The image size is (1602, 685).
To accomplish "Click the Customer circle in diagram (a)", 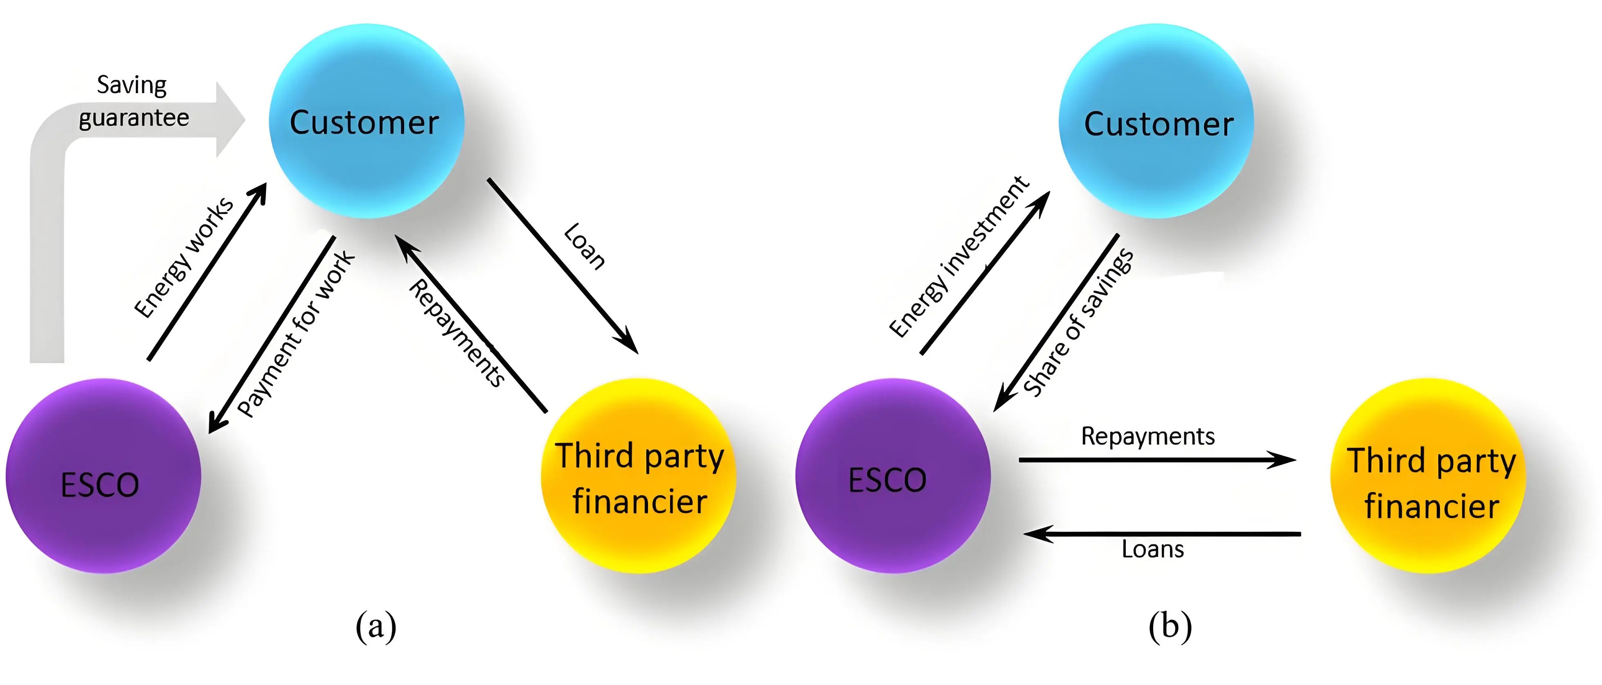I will click(366, 121).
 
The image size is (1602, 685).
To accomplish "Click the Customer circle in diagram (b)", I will click(1157, 121).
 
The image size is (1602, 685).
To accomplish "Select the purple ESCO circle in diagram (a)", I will click(103, 476).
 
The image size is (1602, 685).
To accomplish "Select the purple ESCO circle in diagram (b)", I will click(892, 476).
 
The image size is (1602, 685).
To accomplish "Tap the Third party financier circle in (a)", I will click(639, 476).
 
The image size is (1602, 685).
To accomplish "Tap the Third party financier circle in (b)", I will click(1429, 476).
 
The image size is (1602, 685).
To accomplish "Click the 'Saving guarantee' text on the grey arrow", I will click(133, 101).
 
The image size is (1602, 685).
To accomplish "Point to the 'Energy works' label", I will click(184, 257).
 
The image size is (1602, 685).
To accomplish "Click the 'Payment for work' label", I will click(296, 334).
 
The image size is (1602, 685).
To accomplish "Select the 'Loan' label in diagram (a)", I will click(584, 246).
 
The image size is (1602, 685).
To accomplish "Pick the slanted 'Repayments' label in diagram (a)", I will click(457, 333).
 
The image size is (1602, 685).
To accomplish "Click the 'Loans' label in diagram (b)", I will click(1152, 549).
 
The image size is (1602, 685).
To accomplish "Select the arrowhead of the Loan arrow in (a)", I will click(628, 344).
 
